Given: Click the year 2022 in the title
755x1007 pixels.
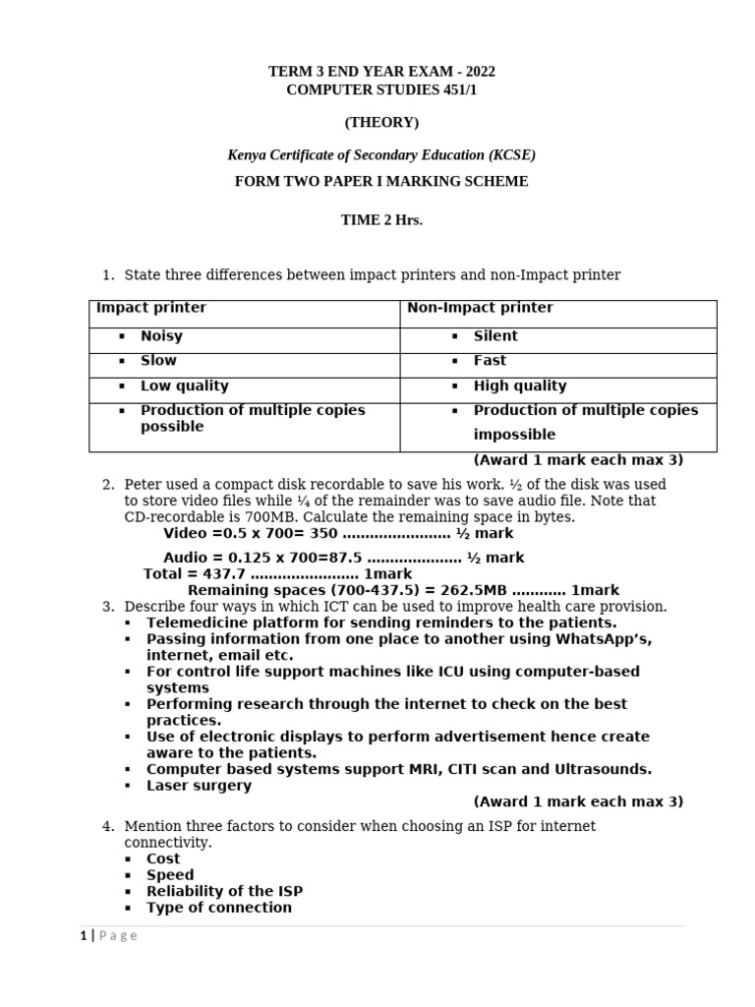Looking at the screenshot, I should point(478,72).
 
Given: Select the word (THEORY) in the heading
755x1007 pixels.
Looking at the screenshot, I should point(381,122).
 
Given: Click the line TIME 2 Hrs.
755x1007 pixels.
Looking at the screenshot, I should point(381,219).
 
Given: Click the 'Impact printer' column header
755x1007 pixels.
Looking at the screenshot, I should point(151,308).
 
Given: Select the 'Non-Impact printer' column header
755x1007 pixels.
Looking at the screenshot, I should point(480,308).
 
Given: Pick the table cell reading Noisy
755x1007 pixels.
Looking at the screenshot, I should point(161,336).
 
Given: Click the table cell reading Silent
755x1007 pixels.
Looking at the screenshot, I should point(495,336).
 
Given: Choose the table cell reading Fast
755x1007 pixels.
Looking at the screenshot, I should point(490,361).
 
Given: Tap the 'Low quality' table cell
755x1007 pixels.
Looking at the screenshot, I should point(184,385).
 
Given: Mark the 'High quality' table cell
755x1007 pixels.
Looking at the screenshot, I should point(520,385).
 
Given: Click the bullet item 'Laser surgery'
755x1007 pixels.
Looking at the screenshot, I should point(199,786).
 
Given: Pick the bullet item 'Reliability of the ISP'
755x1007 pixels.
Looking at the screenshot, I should point(224,891).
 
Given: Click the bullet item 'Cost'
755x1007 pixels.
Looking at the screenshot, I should point(163,859).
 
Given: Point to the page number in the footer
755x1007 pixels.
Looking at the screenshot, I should point(84,936).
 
